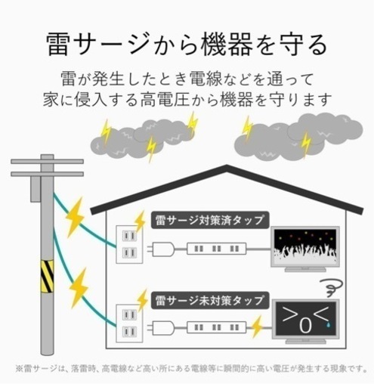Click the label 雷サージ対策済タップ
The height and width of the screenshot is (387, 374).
click(210, 220)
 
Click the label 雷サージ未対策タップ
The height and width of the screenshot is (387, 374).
click(210, 301)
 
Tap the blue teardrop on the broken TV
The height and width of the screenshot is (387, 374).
click(328, 325)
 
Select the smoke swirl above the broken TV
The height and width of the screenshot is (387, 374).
click(332, 288)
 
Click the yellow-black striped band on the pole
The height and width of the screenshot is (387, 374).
click(47, 276)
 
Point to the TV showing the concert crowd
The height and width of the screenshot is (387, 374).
click(305, 249)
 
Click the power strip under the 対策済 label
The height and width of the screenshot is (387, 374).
click(216, 249)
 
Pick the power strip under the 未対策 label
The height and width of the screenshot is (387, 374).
click(216, 327)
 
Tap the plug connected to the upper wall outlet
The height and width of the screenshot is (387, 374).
click(161, 249)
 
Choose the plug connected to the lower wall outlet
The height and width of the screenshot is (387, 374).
click(161, 327)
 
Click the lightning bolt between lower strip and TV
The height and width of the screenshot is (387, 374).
click(257, 327)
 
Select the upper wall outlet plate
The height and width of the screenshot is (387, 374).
click(129, 244)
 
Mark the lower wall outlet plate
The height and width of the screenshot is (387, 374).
click(129, 324)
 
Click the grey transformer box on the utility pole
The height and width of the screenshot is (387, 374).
click(36, 189)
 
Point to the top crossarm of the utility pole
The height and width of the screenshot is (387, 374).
click(47, 161)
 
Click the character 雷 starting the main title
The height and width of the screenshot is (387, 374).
click(58, 45)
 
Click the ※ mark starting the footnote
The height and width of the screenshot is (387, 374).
click(20, 369)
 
